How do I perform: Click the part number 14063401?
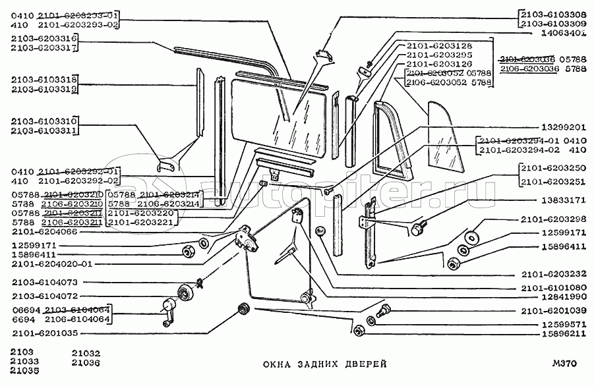pos(560,32)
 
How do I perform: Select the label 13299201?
pos(560,127)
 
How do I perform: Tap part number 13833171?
pos(560,199)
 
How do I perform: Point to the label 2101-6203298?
pos(554,219)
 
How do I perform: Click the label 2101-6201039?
pos(554,311)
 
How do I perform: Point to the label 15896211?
pos(560,335)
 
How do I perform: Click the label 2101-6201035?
pos(44,334)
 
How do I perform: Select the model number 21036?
pos(86,362)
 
